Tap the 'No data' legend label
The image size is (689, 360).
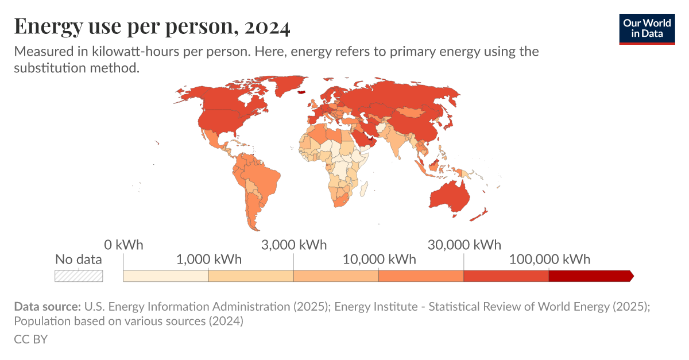point(79,259)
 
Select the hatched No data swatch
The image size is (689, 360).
point(79,276)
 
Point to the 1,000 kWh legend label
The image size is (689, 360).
point(209,259)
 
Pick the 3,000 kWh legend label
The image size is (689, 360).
point(294,245)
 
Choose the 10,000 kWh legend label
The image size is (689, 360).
point(379,259)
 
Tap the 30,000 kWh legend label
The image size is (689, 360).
point(464,245)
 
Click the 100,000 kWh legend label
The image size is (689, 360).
point(549,259)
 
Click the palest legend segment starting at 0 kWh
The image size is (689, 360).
point(165,276)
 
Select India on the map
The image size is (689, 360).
point(396,144)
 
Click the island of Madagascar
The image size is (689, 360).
point(363,187)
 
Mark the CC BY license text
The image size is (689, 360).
point(30,339)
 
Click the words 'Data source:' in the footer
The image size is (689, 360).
point(48,307)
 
